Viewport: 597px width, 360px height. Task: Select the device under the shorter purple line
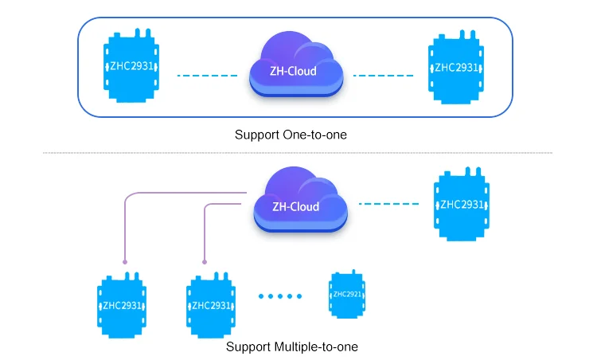tap(212, 305)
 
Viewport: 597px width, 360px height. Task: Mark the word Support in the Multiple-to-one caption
tap(248, 346)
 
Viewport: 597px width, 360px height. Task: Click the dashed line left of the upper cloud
tap(207, 76)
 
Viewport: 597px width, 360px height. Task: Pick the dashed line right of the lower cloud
tap(388, 204)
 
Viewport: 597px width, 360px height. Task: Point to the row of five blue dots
tap(280, 296)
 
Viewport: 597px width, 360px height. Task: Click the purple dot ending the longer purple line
tap(126, 261)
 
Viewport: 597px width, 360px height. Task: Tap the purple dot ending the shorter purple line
tap(206, 261)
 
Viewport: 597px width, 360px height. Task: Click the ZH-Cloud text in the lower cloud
tap(295, 207)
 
